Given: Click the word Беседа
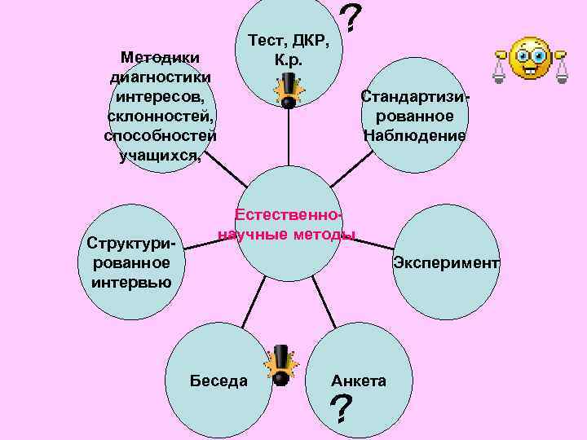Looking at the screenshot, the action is click(218, 381).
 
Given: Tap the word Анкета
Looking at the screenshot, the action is click(359, 381).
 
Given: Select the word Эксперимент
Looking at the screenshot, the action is click(445, 262).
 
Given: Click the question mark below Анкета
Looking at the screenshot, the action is click(342, 410).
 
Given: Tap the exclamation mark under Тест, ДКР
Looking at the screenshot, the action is click(289, 90).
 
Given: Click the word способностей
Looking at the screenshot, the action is click(160, 135).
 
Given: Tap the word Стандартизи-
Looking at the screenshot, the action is click(416, 96).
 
